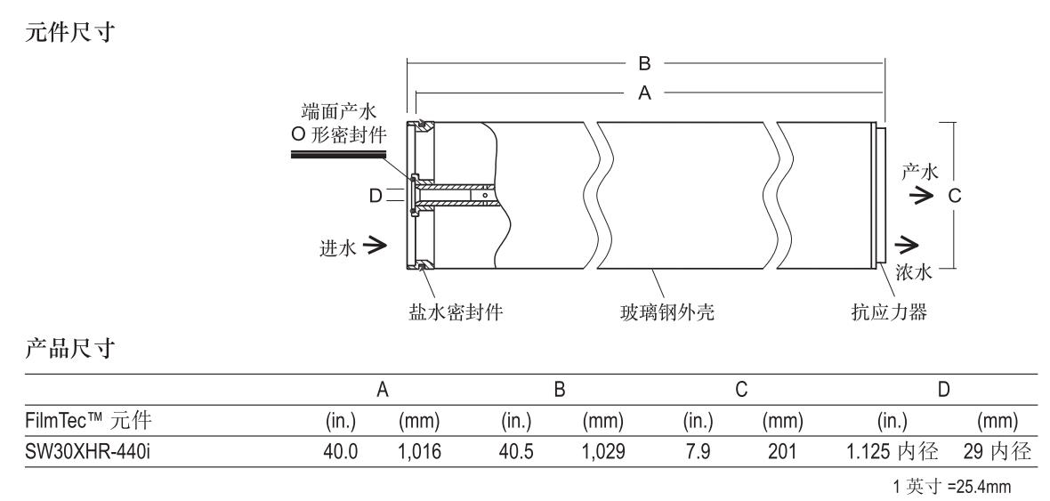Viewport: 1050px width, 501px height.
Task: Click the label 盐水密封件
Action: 446,313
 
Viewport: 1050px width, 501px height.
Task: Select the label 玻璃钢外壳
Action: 667,313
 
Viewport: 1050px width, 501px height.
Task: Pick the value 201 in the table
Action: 787,454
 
